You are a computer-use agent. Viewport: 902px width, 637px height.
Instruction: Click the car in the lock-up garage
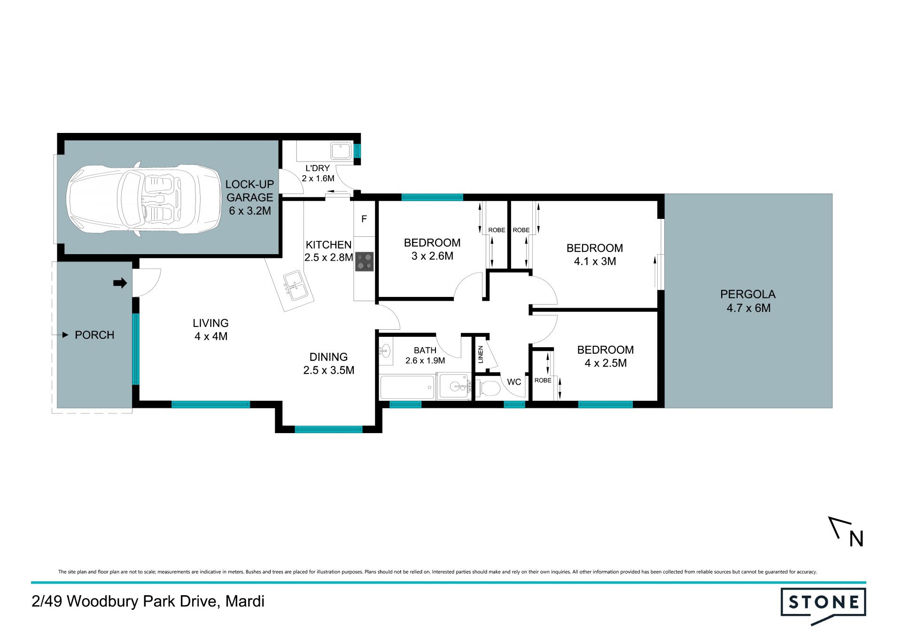144,199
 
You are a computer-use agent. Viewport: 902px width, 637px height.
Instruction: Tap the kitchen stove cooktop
364,262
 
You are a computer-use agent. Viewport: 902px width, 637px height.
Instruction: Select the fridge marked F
364,219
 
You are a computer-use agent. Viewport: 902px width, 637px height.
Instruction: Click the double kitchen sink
295,286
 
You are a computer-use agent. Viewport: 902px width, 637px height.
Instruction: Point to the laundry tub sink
341,151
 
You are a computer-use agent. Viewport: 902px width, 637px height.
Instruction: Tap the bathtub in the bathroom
407,387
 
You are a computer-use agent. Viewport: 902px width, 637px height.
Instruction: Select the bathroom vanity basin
385,350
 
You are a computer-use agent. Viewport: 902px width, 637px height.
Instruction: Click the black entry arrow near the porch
120,283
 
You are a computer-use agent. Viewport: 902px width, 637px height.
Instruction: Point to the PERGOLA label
748,295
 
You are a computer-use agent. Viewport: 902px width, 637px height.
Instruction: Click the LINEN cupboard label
481,354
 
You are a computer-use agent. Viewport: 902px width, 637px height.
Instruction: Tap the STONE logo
823,605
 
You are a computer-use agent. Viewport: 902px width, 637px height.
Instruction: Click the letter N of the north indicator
856,539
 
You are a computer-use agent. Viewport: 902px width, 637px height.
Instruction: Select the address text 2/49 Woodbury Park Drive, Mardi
148,601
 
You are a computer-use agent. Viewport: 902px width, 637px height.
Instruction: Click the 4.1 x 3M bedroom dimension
595,261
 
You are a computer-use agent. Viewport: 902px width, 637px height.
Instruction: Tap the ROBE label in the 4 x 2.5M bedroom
543,381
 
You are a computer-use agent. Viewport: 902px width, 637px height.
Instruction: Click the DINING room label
328,357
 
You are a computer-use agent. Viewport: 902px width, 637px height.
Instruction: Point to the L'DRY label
318,168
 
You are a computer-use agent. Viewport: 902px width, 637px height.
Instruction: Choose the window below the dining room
328,429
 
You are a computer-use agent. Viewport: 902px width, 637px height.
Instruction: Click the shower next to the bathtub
454,386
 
